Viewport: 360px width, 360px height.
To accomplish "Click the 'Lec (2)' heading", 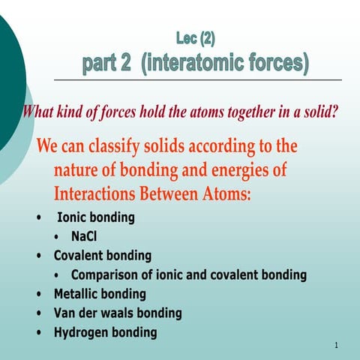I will (200, 35).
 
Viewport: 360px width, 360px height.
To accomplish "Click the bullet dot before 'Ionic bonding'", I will (39, 219).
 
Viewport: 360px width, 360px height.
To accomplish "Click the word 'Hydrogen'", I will (82, 332).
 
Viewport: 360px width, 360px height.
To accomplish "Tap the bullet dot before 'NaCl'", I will (58, 238).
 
